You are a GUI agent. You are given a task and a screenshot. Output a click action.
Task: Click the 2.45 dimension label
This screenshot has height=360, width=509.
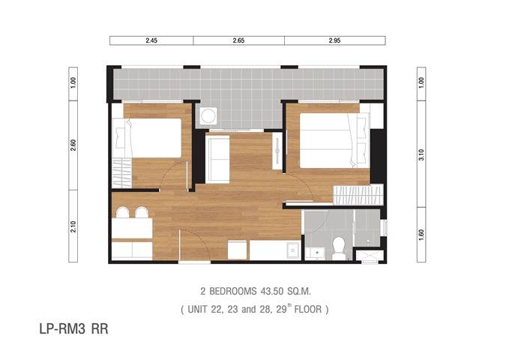[x=151, y=40]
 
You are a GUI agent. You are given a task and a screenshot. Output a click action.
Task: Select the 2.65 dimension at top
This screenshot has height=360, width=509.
[x=238, y=40]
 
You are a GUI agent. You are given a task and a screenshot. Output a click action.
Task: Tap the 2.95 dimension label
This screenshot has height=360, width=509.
[x=334, y=40]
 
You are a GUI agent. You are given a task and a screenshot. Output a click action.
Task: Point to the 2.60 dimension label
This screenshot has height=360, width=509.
[x=73, y=145]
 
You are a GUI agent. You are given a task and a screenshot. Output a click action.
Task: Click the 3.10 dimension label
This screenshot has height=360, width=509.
[x=421, y=154]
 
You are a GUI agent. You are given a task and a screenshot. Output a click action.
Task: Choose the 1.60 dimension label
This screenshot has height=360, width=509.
[x=421, y=235]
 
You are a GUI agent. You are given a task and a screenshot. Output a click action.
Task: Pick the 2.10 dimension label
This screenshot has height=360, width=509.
[x=73, y=226]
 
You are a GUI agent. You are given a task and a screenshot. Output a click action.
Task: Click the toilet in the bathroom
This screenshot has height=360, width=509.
[x=339, y=248]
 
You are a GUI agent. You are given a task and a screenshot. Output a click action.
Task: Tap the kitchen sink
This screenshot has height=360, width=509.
[x=293, y=250]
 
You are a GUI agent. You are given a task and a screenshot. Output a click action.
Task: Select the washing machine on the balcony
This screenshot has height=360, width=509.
[x=208, y=115]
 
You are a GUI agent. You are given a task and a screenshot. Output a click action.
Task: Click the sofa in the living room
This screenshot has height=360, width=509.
[x=217, y=159]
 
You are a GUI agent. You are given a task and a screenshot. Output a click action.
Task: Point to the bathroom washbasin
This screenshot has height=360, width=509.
[x=315, y=253]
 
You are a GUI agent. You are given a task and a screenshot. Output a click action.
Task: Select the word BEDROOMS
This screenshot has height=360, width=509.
[x=232, y=291]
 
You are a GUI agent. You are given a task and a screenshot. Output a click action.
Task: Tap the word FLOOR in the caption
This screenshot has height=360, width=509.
[x=308, y=309]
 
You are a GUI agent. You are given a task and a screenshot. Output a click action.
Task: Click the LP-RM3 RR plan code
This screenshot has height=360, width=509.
[x=73, y=328]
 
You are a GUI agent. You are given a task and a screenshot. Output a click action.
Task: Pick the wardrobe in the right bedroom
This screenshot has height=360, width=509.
[x=358, y=194]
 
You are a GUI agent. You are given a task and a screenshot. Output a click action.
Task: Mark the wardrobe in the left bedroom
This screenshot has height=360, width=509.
[x=121, y=172]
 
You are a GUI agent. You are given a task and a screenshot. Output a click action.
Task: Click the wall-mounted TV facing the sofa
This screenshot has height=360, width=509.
[x=277, y=151]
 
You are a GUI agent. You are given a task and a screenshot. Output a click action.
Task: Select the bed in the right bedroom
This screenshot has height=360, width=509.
[x=334, y=140]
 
